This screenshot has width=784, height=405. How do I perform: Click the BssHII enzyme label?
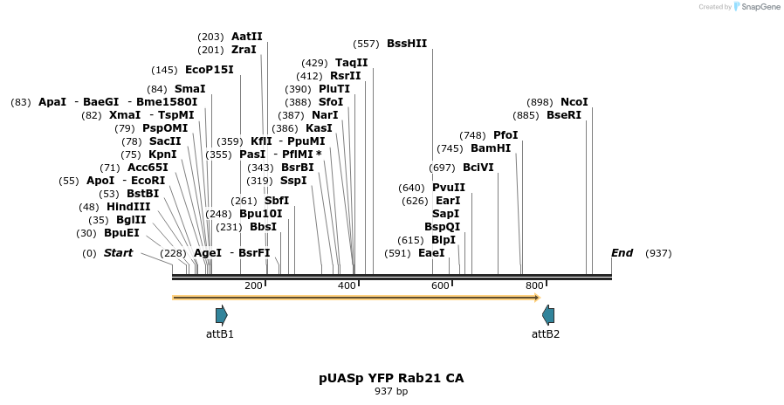click(x=406, y=44)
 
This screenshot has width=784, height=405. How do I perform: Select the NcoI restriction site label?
click(x=574, y=102)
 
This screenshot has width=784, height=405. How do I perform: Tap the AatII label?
click(x=246, y=37)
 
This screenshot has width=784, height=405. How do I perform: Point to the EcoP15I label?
click(x=210, y=70)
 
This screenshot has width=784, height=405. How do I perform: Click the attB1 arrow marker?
click(x=221, y=315)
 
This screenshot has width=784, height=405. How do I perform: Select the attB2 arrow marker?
click(x=547, y=315)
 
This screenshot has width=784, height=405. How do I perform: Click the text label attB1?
click(x=220, y=334)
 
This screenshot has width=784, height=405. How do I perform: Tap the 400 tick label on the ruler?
click(x=347, y=286)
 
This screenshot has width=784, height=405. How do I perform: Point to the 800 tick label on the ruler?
click(x=534, y=286)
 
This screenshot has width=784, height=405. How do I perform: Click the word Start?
click(x=118, y=253)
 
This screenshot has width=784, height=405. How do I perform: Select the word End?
click(x=622, y=253)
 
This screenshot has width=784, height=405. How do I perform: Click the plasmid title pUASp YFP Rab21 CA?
click(x=391, y=378)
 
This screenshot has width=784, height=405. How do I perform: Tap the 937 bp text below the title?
click(x=391, y=392)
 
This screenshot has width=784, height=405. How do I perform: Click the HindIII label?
click(x=128, y=207)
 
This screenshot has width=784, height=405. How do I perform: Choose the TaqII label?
click(x=352, y=63)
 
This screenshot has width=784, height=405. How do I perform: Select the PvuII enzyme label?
click(x=448, y=188)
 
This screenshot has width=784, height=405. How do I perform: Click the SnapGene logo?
click(x=757, y=7)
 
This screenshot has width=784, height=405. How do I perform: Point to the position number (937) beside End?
click(x=658, y=253)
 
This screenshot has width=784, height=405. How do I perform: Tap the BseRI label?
click(x=563, y=115)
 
